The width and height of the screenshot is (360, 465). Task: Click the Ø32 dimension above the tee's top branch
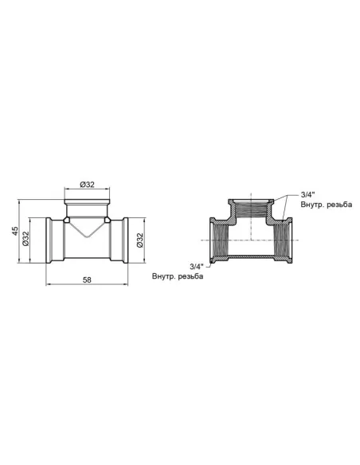click(87, 185)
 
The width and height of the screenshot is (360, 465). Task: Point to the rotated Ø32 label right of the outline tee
click(140, 238)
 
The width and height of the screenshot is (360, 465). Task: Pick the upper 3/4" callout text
click(308, 194)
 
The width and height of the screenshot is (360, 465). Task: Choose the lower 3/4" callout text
click(196, 265)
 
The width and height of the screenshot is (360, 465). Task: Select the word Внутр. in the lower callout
click(165, 276)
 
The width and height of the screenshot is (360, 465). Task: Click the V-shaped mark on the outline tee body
click(87, 229)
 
